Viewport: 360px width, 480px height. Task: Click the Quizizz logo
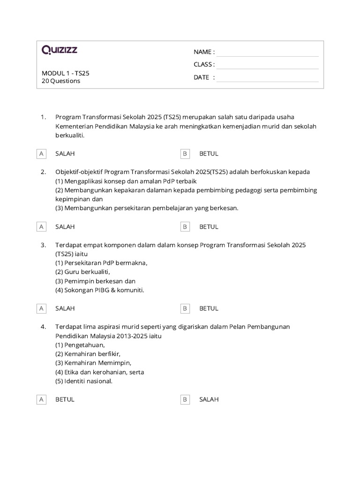60,50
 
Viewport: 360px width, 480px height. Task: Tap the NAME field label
204,52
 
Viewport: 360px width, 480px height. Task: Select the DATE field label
204,77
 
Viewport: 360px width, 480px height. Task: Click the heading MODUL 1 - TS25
66,73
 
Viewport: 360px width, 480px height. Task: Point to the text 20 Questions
61,81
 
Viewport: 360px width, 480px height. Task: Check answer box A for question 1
42,153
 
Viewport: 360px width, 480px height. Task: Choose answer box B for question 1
185,153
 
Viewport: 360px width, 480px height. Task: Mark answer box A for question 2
42,226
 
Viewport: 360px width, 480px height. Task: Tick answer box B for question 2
185,226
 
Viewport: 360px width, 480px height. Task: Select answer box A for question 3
42,308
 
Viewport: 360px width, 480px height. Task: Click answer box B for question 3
185,308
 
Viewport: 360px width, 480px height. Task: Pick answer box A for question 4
42,399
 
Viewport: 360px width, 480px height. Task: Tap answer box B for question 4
185,399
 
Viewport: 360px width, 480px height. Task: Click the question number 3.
43,245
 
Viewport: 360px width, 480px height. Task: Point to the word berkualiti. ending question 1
70,135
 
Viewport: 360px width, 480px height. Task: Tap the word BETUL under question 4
65,399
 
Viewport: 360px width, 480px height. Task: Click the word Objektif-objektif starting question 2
79,172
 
